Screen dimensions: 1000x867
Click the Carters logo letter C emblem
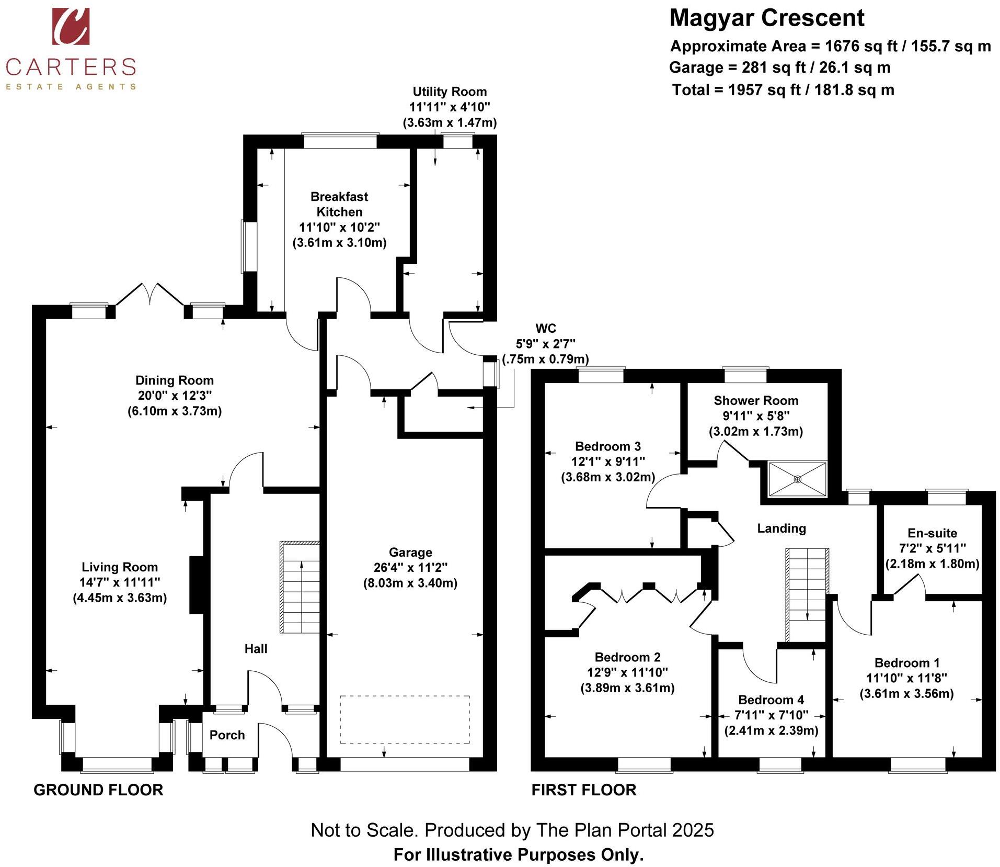[x=71, y=26]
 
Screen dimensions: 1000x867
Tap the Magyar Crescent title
[x=767, y=18]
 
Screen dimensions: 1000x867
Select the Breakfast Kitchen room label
[x=339, y=204]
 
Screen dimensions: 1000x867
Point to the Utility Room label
[x=450, y=92]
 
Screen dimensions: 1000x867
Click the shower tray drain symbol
[x=797, y=479]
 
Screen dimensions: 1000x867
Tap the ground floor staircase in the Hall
[x=300, y=587]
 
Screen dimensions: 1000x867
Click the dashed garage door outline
[x=405, y=719]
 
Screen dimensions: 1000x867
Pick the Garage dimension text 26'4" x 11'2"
[x=410, y=568]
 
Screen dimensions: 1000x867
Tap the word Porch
[x=227, y=735]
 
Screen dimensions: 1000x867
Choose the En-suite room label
[x=932, y=533]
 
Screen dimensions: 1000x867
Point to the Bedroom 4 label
[x=771, y=700]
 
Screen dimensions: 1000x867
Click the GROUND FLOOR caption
[x=98, y=790]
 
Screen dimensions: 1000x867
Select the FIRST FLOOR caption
[x=584, y=790]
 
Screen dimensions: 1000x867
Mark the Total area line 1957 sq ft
[x=783, y=90]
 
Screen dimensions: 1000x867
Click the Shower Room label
[x=756, y=401]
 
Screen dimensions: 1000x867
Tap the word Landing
[x=781, y=528]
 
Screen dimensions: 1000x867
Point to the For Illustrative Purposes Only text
[x=519, y=854]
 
